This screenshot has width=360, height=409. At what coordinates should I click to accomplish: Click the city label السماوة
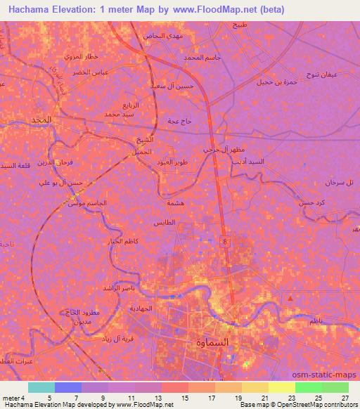click(x=209, y=343)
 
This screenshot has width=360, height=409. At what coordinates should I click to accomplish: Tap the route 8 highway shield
click(x=225, y=241)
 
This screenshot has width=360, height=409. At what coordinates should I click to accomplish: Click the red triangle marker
click(x=291, y=299)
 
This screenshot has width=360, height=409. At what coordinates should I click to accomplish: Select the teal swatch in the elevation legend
click(x=41, y=387)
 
